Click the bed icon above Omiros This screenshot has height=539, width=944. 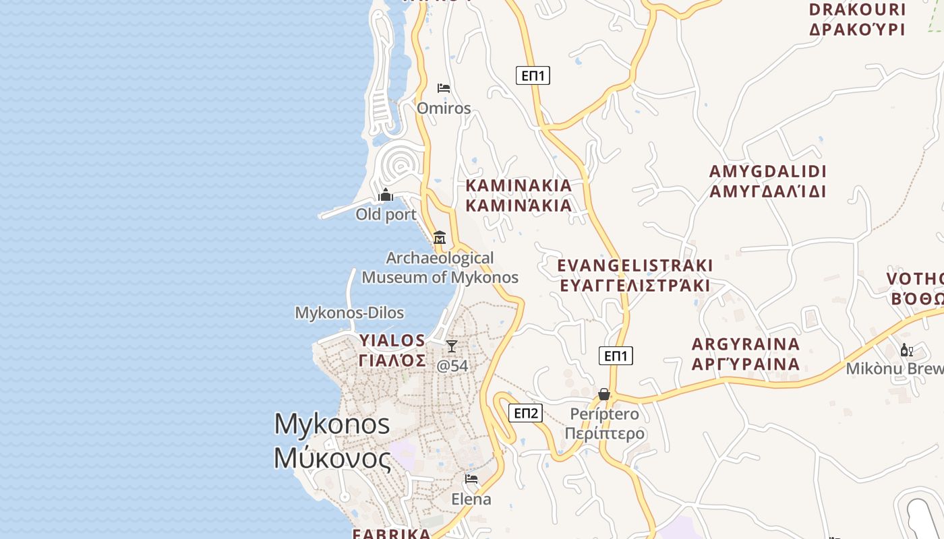click(x=443, y=88)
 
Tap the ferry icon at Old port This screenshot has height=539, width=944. click(x=386, y=195)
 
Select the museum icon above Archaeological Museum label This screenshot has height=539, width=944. click(x=440, y=237)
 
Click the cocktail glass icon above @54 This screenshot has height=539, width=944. click(x=452, y=346)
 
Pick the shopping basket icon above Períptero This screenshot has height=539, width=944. click(x=604, y=394)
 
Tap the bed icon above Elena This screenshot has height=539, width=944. click(x=471, y=479)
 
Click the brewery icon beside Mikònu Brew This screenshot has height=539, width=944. click(x=906, y=350)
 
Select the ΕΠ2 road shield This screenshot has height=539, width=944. click(x=525, y=413)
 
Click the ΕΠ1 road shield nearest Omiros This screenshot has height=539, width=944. click(x=533, y=75)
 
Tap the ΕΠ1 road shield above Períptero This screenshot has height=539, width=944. click(x=616, y=356)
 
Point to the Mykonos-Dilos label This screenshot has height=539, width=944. click(x=349, y=313)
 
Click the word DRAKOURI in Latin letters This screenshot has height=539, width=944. click(x=857, y=9)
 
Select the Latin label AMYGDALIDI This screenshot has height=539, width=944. click(x=767, y=171)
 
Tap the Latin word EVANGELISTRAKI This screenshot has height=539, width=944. click(x=635, y=265)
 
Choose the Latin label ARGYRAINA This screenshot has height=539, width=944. click(x=746, y=344)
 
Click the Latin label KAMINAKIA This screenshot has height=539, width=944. click(x=519, y=185)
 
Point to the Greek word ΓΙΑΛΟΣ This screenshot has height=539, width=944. click(x=392, y=360)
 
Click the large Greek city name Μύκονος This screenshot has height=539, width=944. click(x=332, y=458)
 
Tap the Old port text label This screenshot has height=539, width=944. click(x=386, y=215)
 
